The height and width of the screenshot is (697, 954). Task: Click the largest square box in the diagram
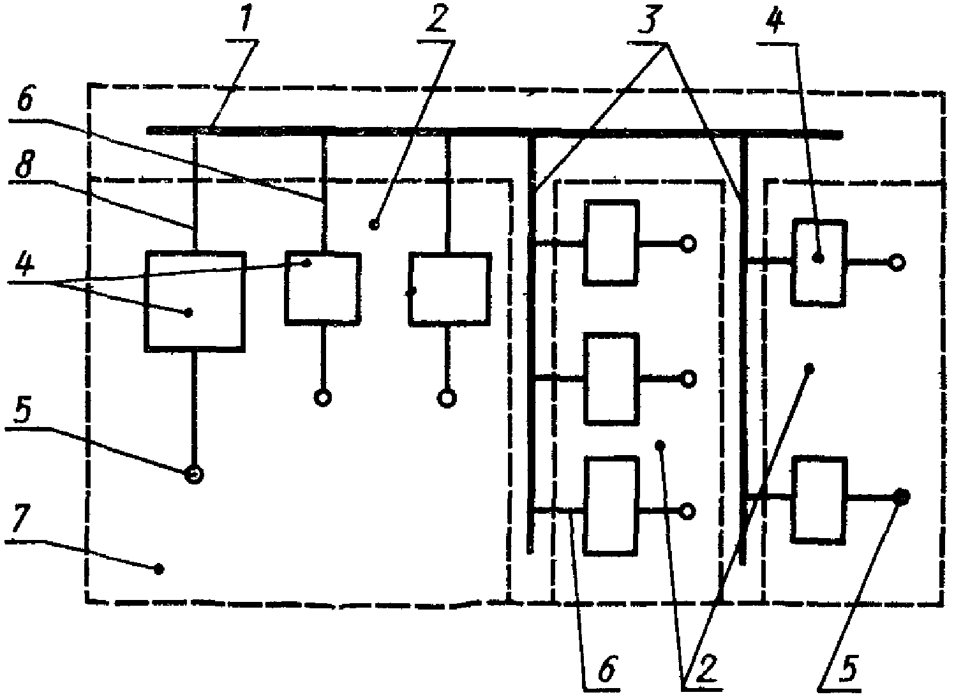195,301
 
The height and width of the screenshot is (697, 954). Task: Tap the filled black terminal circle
902,496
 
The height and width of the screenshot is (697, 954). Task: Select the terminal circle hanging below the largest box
195,474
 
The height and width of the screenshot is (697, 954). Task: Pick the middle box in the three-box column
611,378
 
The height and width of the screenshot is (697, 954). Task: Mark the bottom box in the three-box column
611,505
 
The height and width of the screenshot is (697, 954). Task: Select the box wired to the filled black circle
819,500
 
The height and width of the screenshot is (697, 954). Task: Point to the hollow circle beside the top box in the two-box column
897,262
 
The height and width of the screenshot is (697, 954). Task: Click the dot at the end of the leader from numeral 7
159,569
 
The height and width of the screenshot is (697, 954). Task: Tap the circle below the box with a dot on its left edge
447,398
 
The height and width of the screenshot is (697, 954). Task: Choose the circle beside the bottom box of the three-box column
688,511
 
